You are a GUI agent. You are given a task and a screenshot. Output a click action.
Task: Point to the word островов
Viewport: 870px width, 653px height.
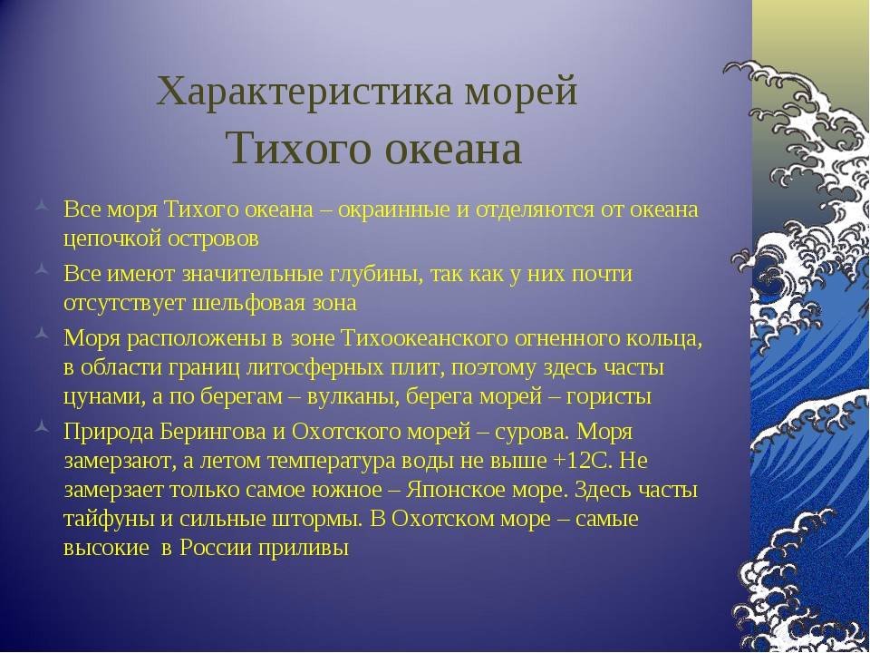click(212, 239)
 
